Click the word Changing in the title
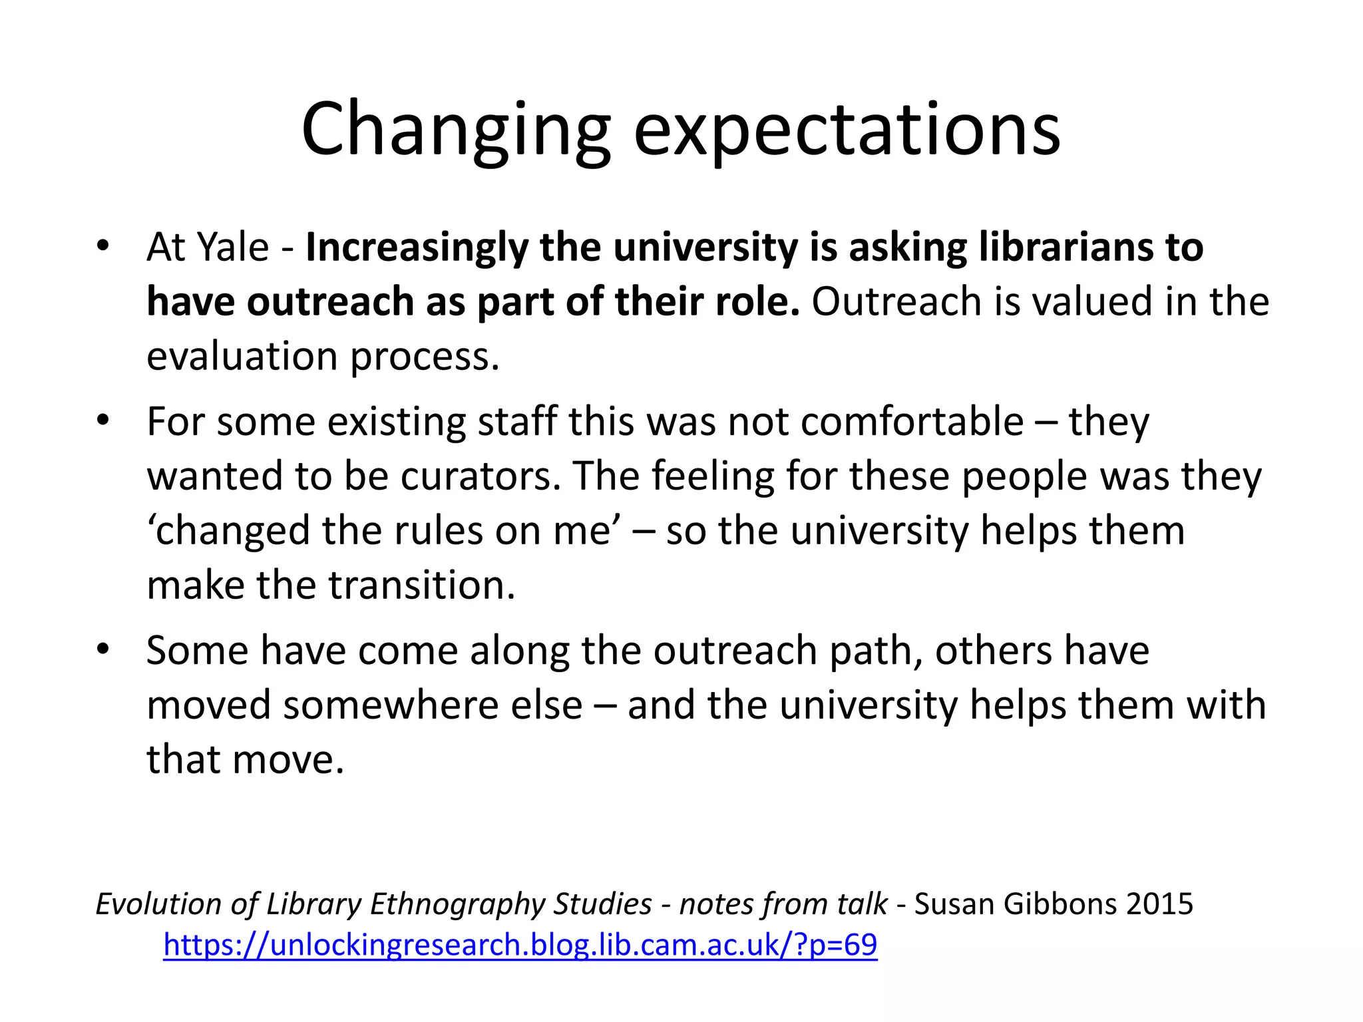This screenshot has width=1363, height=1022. (455, 130)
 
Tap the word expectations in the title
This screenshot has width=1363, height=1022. (847, 130)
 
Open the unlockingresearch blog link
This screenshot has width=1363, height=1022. (520, 945)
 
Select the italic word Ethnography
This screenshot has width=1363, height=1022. (458, 904)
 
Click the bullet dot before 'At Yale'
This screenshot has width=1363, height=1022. (102, 246)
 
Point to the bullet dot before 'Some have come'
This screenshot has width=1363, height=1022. (102, 649)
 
